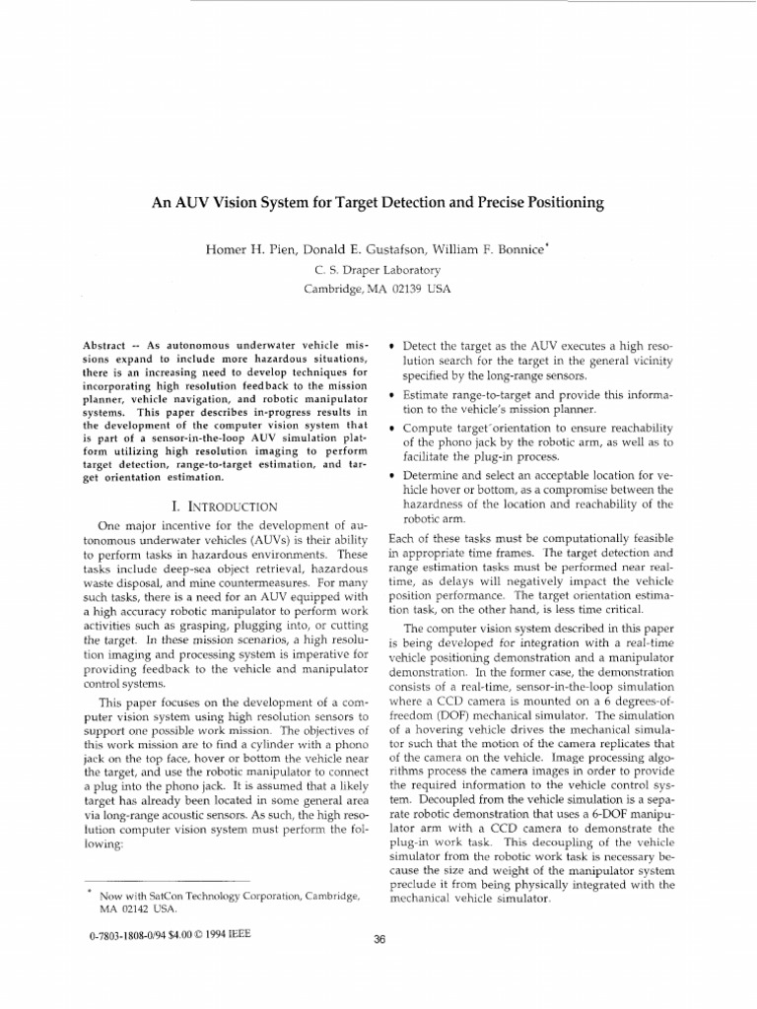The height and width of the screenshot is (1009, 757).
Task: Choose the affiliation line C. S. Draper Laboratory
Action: (377, 269)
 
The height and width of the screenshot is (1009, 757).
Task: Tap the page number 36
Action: (378, 938)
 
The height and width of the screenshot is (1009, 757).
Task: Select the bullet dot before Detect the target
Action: (393, 348)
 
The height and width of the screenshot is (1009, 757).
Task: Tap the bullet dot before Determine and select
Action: (393, 475)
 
